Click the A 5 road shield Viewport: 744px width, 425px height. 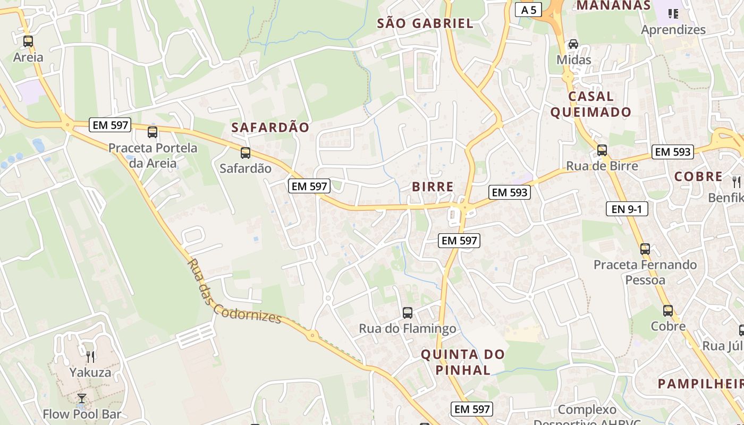(x=528, y=10)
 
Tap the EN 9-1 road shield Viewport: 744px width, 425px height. (x=627, y=209)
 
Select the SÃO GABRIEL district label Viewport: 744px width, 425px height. (x=425, y=23)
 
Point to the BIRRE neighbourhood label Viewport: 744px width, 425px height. (x=433, y=186)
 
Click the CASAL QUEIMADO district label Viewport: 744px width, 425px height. (x=590, y=104)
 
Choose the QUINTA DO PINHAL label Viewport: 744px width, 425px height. (x=463, y=362)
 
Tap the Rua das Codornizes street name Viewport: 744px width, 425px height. (x=234, y=291)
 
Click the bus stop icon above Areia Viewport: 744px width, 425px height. (x=28, y=41)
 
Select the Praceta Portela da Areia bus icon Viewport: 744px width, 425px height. (x=153, y=132)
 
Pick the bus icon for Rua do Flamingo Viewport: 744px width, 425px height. (x=408, y=313)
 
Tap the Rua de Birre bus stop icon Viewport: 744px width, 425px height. (x=602, y=150)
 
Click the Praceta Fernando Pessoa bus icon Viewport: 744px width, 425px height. (x=645, y=249)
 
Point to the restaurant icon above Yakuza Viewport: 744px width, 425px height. (x=90, y=356)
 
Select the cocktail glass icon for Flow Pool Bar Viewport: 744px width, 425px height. (x=82, y=398)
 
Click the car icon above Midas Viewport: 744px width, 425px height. (x=573, y=44)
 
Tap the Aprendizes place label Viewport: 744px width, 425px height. (x=673, y=30)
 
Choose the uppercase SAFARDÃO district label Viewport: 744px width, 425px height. (x=270, y=127)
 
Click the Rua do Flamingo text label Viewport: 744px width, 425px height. (x=408, y=329)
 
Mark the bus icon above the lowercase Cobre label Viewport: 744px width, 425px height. (x=668, y=311)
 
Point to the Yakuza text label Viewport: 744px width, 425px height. (x=90, y=372)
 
